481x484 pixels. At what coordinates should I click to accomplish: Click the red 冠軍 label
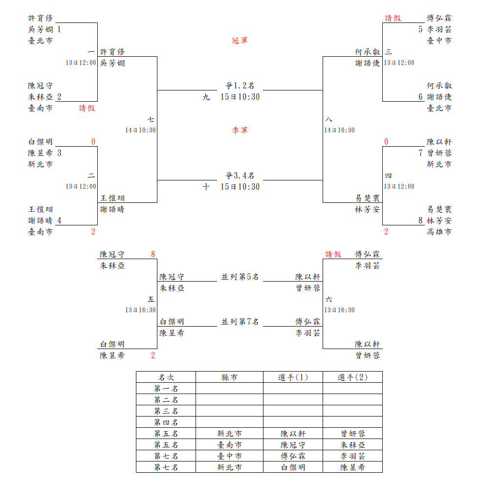coord(240,41)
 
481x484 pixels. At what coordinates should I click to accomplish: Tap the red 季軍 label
coord(240,131)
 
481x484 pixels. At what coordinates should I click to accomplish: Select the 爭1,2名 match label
coord(240,86)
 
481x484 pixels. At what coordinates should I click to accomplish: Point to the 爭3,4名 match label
coord(240,176)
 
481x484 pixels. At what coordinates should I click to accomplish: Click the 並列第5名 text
coord(240,277)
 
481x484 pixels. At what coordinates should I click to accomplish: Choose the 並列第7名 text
coord(240,322)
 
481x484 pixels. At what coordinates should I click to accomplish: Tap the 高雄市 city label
coord(439,232)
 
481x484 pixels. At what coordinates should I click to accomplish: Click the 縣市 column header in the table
coord(229,377)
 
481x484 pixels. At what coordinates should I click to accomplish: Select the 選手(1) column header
coord(293,377)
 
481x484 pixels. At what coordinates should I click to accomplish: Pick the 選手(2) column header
coord(352,377)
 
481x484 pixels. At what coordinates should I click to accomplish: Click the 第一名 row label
coord(166,389)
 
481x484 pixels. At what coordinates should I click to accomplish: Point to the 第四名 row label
coord(166,422)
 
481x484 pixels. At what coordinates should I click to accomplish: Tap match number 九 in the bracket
coord(206,97)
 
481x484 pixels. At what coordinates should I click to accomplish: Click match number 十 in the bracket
coord(206,187)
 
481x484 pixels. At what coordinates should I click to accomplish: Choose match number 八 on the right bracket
coord(328,119)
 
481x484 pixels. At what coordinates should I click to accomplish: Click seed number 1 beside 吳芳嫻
coord(59,29)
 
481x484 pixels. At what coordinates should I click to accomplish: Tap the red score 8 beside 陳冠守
coord(153,254)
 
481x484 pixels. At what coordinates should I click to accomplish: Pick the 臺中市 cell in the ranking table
coord(229,456)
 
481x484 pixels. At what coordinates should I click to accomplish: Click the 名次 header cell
coord(166,377)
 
